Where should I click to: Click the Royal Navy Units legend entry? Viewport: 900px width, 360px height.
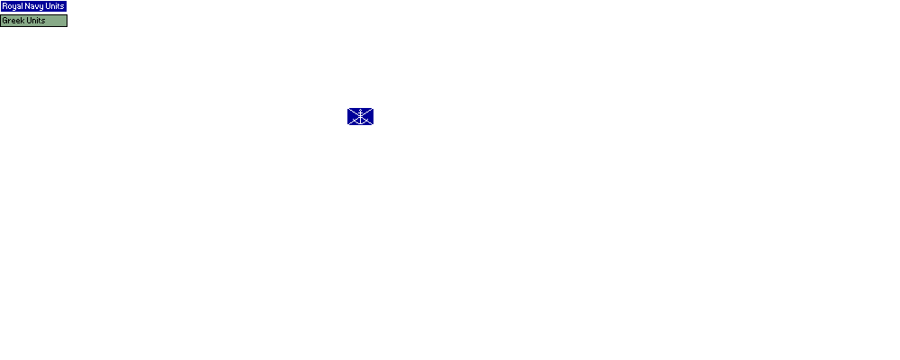click(33, 6)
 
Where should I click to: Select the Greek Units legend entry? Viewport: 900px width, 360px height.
click(33, 21)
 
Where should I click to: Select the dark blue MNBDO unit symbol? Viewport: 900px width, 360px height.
click(360, 117)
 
